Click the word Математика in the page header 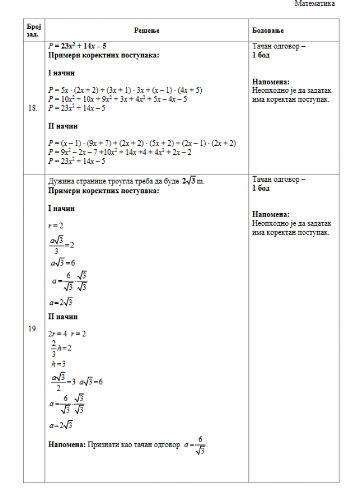point(314,4)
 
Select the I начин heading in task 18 point(61,73)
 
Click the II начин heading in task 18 point(63,126)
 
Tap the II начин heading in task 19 point(63,317)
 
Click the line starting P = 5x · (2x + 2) point(125,90)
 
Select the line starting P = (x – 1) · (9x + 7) point(142,143)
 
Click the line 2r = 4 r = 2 point(67,334)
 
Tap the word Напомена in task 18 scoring point(271,82)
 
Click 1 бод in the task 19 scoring point(261,188)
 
